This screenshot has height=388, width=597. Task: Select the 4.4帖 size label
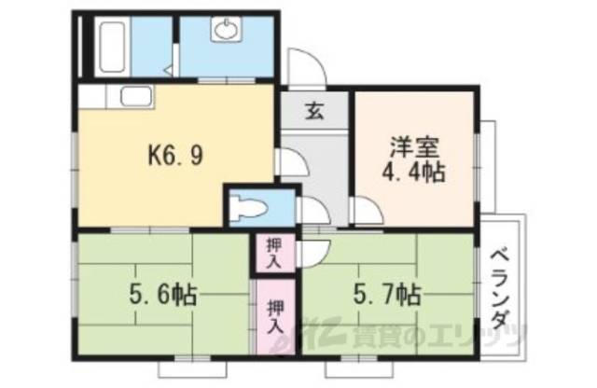coord(416,172)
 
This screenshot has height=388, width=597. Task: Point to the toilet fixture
coord(250,206)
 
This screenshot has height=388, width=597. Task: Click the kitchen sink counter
coord(133,95)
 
